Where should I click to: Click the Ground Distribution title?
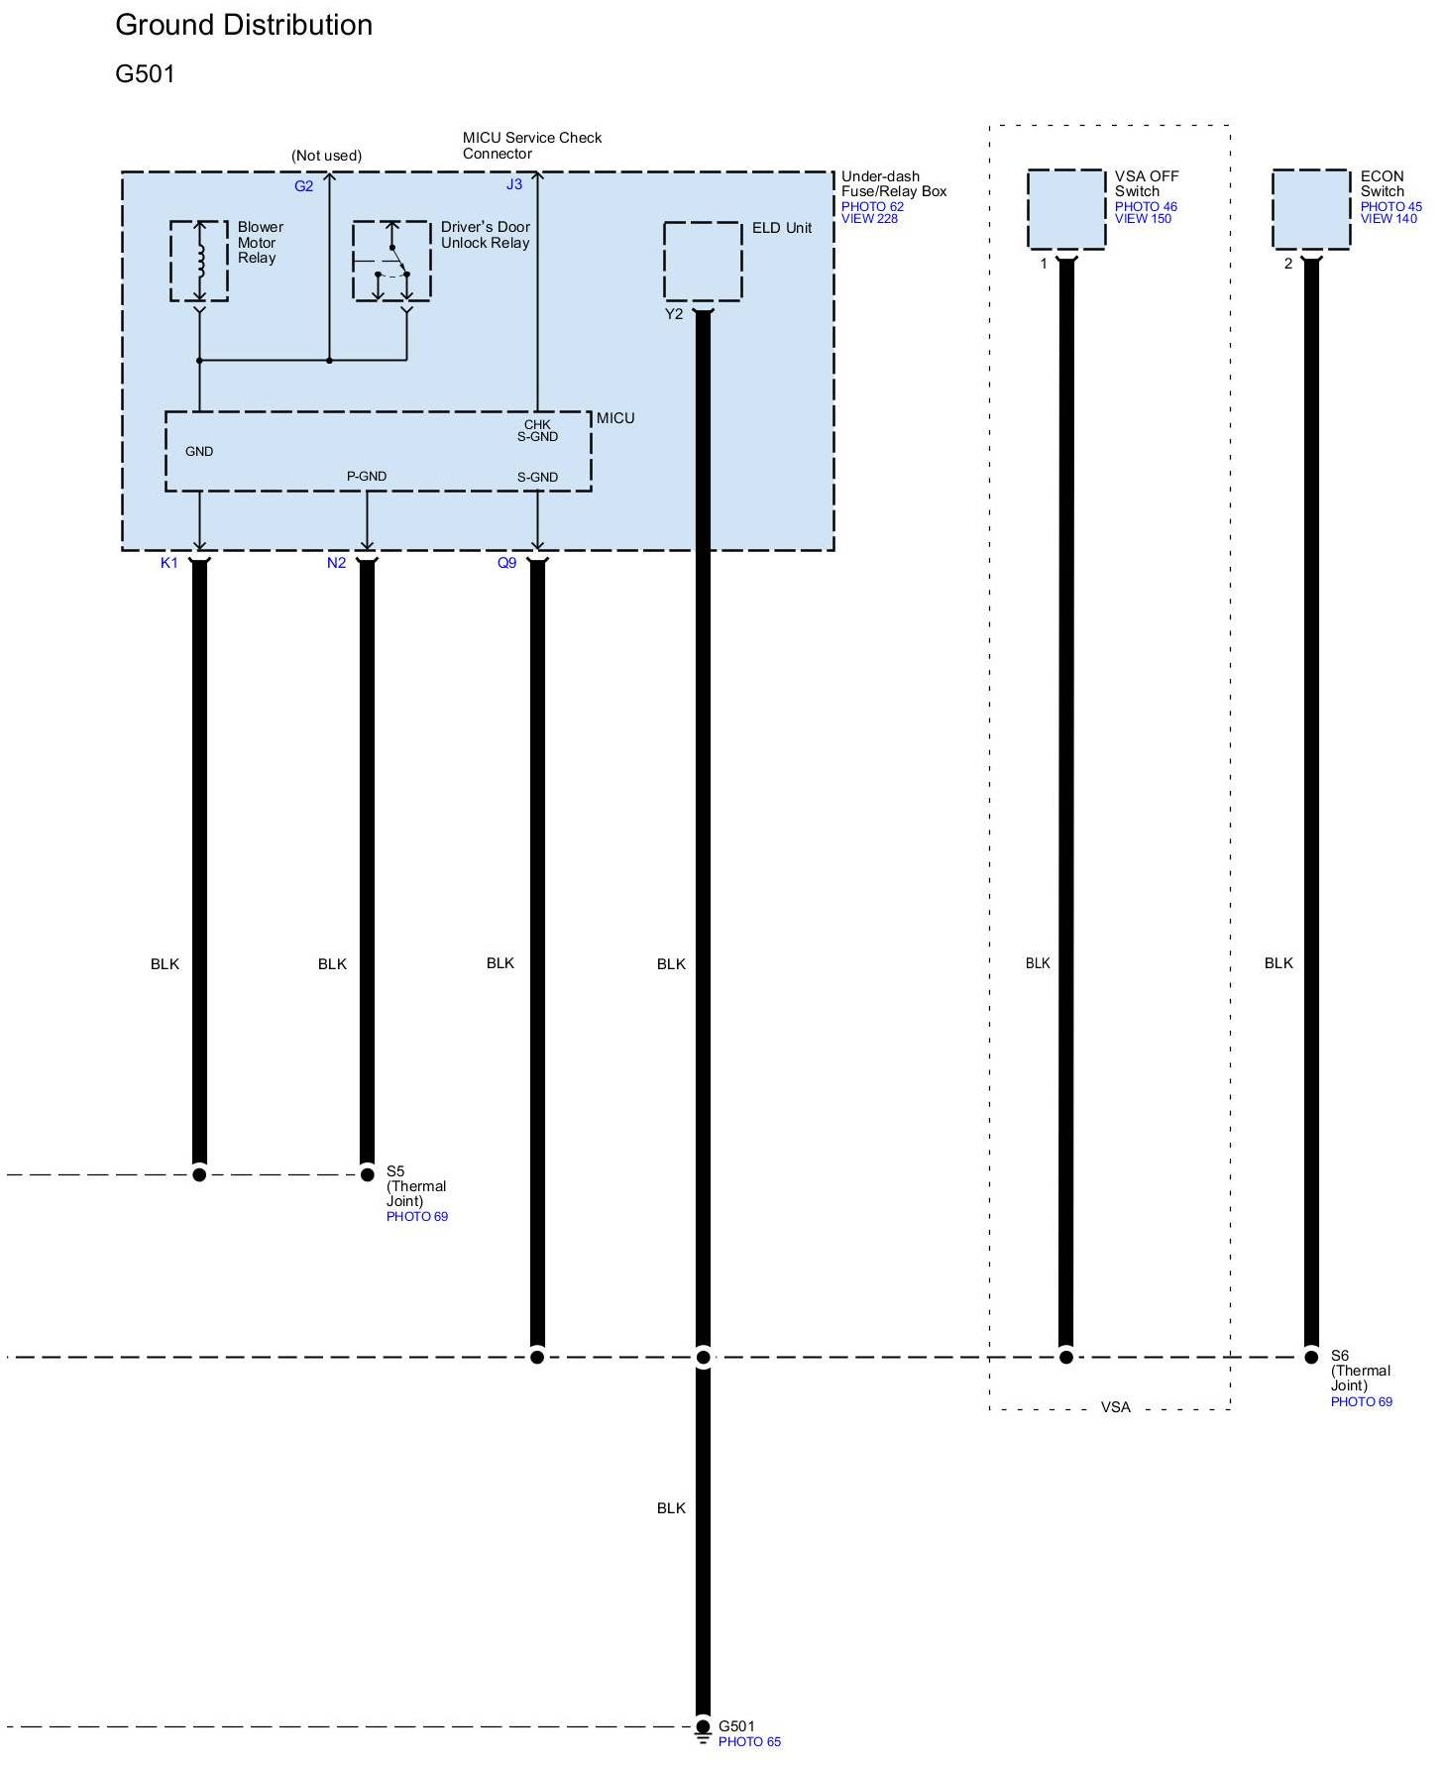tap(244, 26)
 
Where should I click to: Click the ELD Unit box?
tap(703, 262)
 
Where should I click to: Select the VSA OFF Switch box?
tap(1066, 209)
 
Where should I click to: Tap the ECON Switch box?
tap(1311, 209)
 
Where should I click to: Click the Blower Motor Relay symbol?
tap(199, 261)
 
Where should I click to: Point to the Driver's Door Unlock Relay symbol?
tap(391, 261)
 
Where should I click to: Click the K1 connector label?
tap(169, 563)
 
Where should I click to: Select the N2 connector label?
tap(337, 563)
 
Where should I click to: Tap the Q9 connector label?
tap(506, 563)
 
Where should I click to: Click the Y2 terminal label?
tap(674, 314)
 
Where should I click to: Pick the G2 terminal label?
tap(303, 186)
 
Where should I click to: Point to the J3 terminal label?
tap(513, 184)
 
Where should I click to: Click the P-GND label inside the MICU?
tap(367, 477)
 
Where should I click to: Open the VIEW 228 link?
tap(869, 219)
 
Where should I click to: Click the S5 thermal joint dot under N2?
tap(367, 1174)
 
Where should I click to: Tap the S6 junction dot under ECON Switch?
tap(1311, 1357)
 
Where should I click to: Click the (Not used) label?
tap(326, 156)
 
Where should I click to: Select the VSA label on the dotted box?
tap(1115, 1407)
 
